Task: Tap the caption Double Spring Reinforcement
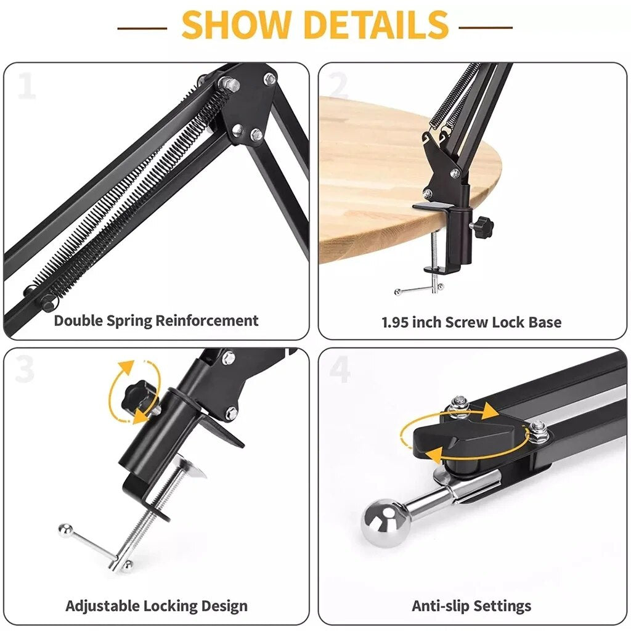(156, 320)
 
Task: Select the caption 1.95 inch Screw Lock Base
(471, 322)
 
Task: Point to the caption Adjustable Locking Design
(157, 606)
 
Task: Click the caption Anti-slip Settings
(471, 606)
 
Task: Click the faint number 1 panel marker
(27, 85)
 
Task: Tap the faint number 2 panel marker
(339, 85)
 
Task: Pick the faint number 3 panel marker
(25, 369)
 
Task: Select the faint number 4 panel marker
(340, 369)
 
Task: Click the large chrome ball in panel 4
(385, 523)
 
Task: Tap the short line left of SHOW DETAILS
(142, 28)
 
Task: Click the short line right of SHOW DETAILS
(486, 28)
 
